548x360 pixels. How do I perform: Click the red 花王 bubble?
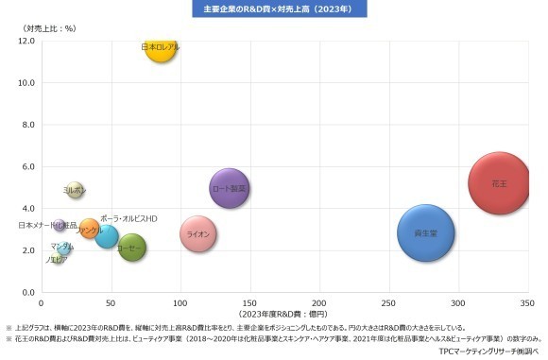point(500,183)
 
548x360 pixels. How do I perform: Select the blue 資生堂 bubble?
point(426,232)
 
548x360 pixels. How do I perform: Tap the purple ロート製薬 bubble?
point(229,189)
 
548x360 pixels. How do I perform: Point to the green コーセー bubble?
point(132,248)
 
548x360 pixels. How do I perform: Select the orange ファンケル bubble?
point(90,229)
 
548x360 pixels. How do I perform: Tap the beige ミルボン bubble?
point(75,190)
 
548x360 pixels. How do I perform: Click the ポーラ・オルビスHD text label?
point(128,218)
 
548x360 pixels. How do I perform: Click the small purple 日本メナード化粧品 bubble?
point(60,226)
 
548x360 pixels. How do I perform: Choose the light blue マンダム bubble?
point(62,247)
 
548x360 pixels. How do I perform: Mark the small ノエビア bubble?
point(58,258)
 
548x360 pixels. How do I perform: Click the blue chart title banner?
point(273,9)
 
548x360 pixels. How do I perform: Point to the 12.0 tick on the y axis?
point(26,41)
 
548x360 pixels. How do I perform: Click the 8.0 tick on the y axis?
point(26,125)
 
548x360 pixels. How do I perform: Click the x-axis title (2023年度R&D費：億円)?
point(283,314)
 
